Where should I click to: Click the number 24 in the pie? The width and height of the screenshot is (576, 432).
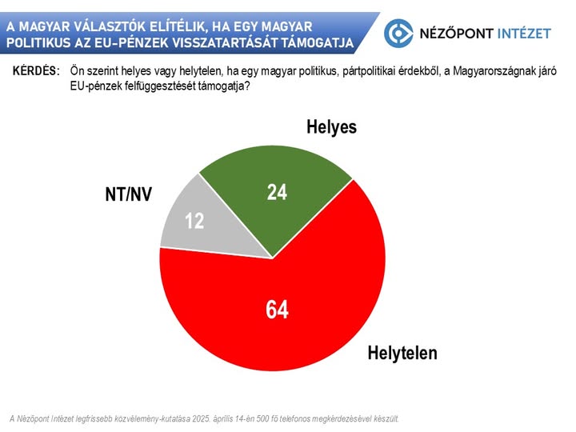click(x=276, y=192)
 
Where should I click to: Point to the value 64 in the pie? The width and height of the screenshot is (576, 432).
click(x=277, y=310)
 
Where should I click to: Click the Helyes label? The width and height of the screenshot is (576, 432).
click(x=330, y=127)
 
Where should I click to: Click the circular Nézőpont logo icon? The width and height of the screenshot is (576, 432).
click(x=399, y=33)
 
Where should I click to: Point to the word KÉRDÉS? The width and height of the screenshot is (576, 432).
click(x=36, y=72)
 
